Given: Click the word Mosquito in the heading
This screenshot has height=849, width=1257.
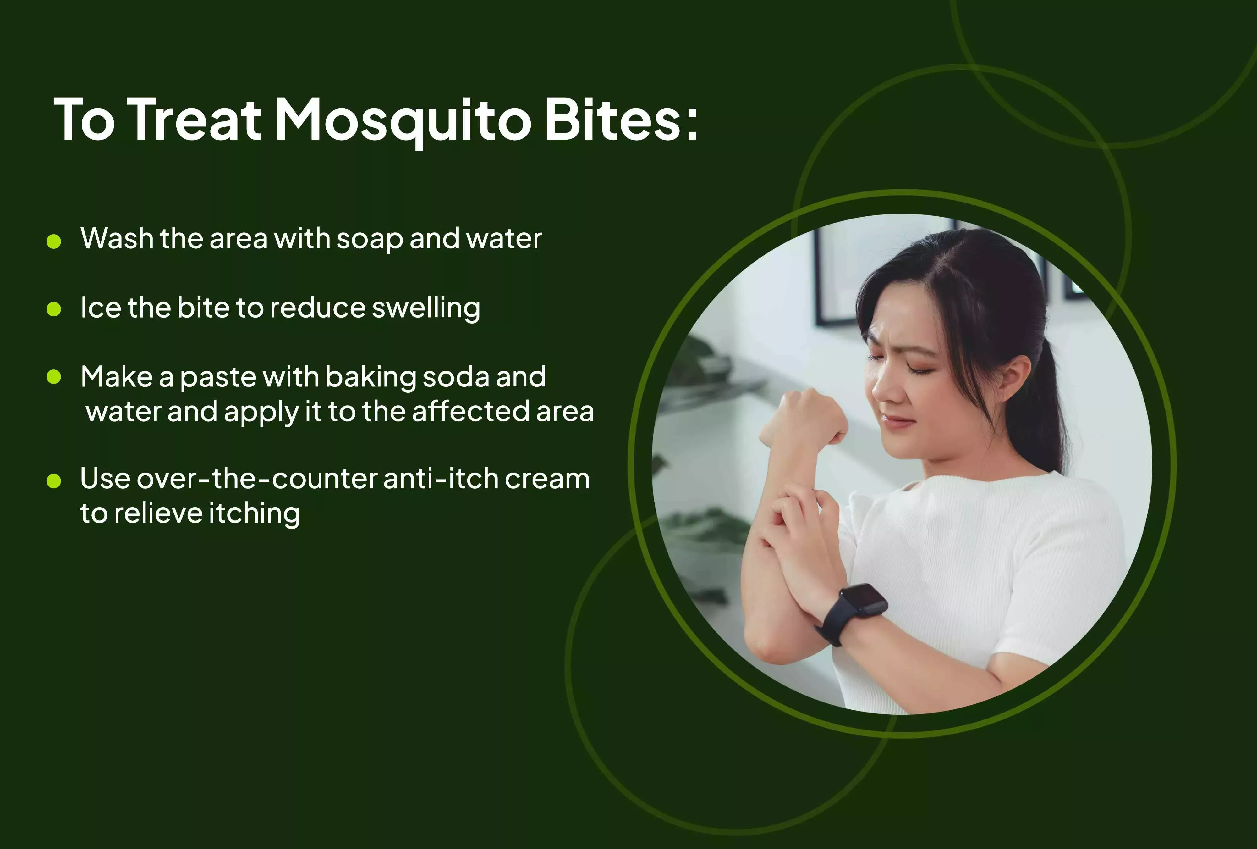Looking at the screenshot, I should (403, 120).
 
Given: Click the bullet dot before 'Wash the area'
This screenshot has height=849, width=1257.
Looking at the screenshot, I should (53, 241).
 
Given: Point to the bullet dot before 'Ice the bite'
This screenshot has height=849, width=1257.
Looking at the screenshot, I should (53, 309).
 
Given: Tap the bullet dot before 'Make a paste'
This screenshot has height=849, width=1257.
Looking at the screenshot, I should (53, 377).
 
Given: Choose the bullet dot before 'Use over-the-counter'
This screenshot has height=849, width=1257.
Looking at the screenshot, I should (53, 480).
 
